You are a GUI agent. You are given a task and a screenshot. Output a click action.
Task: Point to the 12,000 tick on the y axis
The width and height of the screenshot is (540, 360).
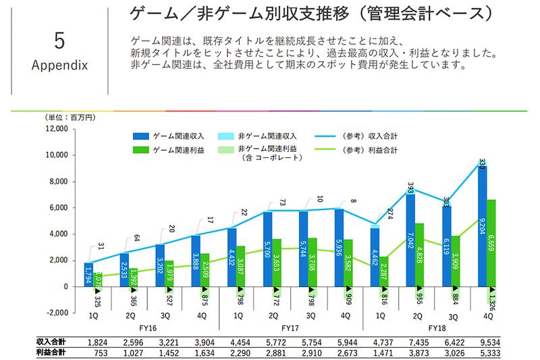pos(57,128)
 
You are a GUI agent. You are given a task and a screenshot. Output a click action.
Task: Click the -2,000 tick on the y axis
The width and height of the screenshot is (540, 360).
pos(57,313)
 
